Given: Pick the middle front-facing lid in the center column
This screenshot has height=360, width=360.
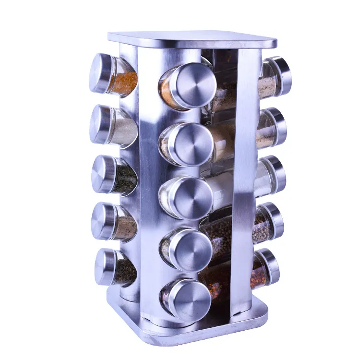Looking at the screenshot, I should pyautogui.click(x=192, y=198).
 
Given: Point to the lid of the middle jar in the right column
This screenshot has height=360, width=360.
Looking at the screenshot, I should pyautogui.click(x=276, y=173).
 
